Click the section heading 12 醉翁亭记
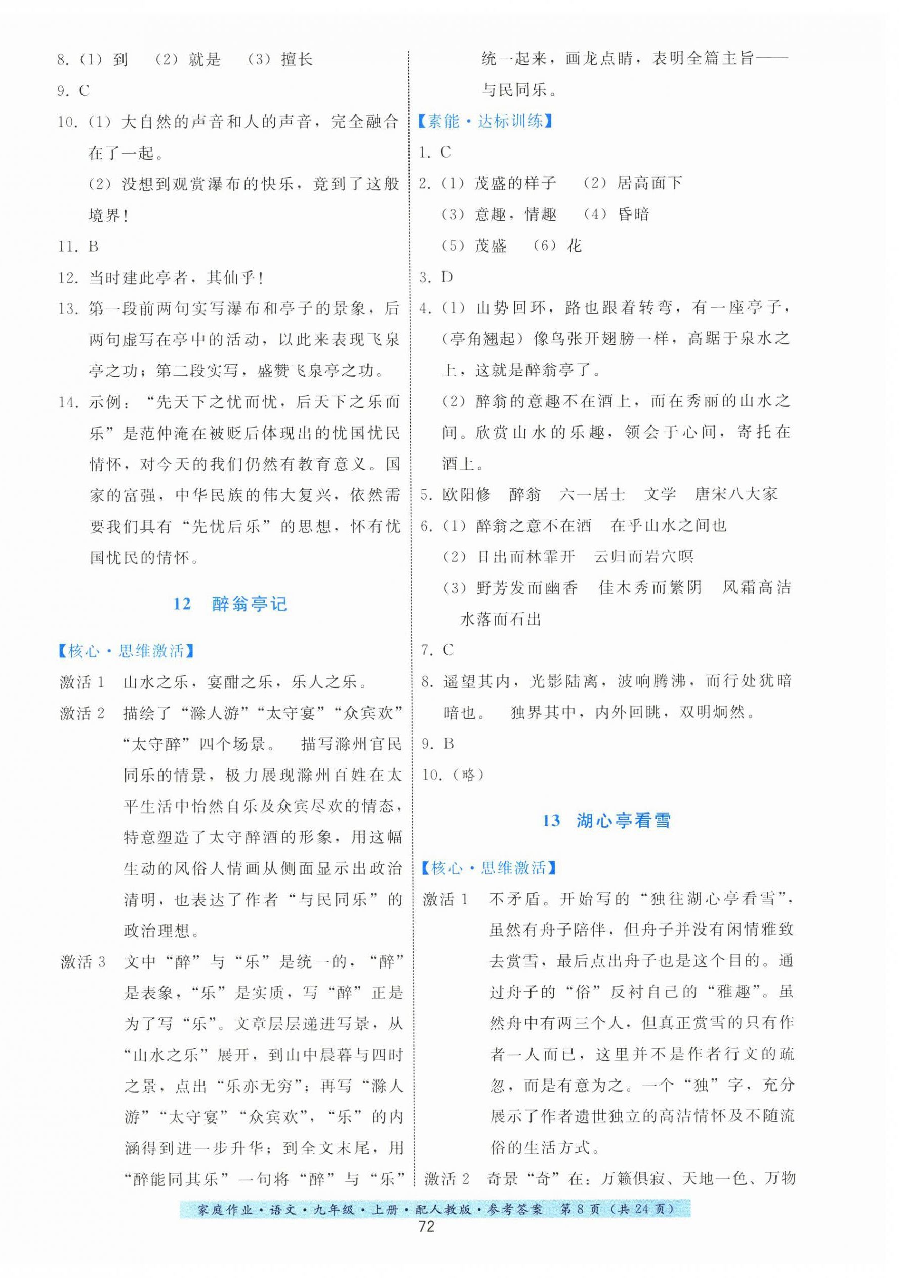(230, 604)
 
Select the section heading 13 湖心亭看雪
(606, 821)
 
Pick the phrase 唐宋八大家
(735, 494)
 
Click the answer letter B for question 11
(94, 246)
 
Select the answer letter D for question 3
(447, 277)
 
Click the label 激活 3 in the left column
(83, 962)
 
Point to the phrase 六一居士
(592, 494)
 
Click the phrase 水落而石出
(501, 619)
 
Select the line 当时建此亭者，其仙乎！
(176, 277)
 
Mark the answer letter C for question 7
(448, 649)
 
